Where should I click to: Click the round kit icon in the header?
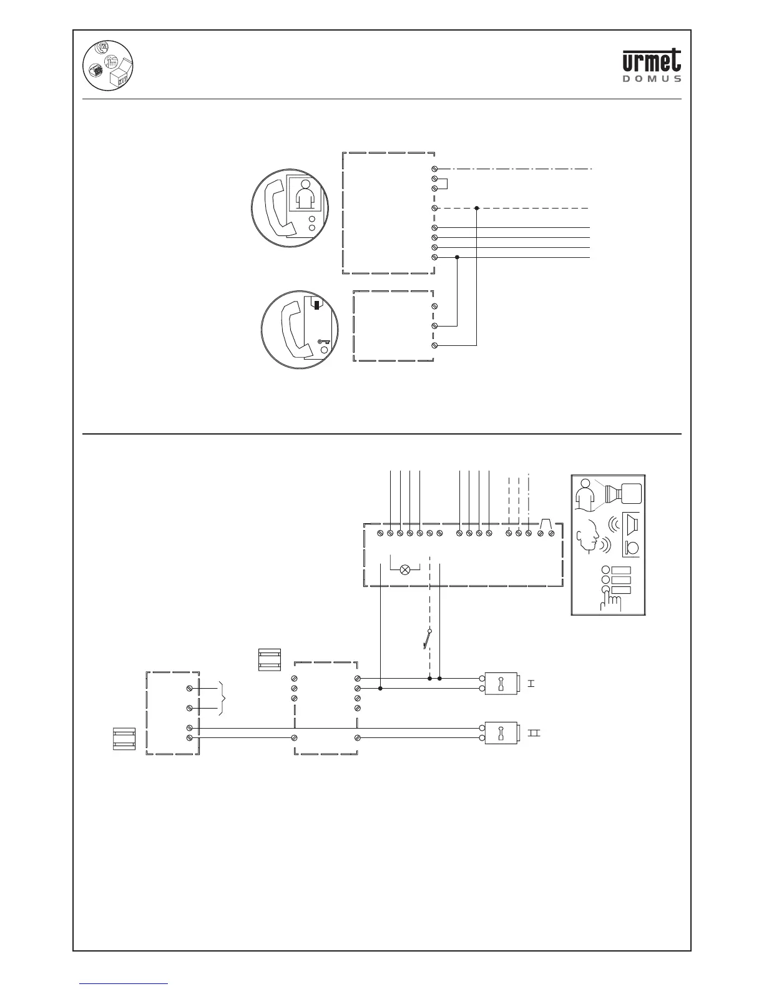click(110, 66)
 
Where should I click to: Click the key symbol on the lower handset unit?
click(323, 342)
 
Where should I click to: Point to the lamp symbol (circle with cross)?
click(405, 569)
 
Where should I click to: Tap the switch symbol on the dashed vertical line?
click(428, 639)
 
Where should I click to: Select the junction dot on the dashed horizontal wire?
click(476, 208)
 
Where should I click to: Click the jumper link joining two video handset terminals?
click(444, 183)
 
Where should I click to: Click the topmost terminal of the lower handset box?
click(434, 306)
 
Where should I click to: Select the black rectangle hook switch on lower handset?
click(318, 305)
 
